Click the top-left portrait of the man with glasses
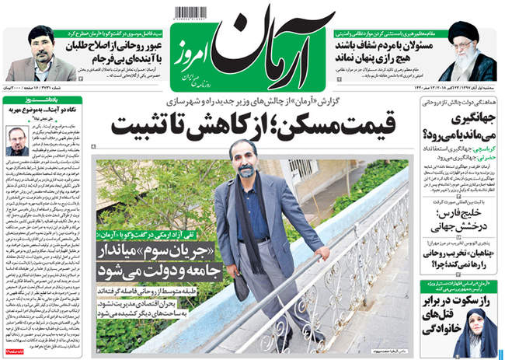tap(37, 51)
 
